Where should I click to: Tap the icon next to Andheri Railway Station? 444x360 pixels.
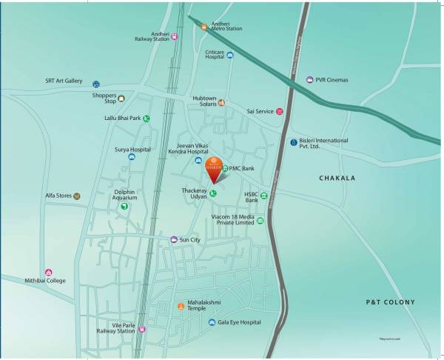pyautogui.click(x=175, y=36)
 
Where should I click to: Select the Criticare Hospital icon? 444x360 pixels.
pyautogui.click(x=230, y=54)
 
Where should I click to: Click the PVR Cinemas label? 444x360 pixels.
pyautogui.click(x=332, y=79)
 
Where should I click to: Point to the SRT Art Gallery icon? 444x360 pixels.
pyautogui.click(x=96, y=84)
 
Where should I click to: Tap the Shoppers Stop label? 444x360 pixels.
pyautogui.click(x=104, y=98)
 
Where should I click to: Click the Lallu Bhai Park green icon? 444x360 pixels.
pyautogui.click(x=147, y=118)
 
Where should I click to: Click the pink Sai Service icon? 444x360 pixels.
pyautogui.click(x=280, y=112)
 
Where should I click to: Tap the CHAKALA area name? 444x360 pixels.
pyautogui.click(x=337, y=179)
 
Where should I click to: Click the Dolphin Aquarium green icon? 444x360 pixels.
pyautogui.click(x=124, y=207)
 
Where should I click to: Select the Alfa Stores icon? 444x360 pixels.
pyautogui.click(x=76, y=196)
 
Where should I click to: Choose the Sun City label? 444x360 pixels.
pyautogui.click(x=190, y=240)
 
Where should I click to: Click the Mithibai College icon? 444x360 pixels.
pyautogui.click(x=49, y=273)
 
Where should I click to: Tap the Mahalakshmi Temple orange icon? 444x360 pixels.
pyautogui.click(x=179, y=305)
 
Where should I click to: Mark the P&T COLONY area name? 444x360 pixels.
pyautogui.click(x=391, y=302)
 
